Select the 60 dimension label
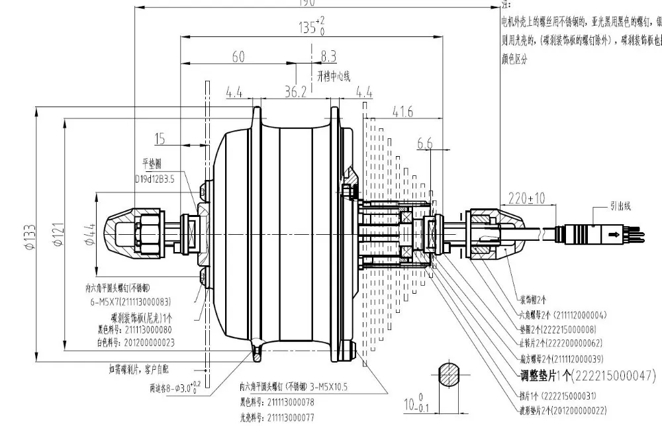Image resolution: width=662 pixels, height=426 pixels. pyautogui.click(x=238, y=57)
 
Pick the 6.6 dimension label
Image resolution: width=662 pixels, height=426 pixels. pyautogui.click(x=425, y=144)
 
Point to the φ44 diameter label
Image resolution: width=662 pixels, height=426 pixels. pyautogui.click(x=91, y=234)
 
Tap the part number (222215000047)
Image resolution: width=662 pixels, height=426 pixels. pyautogui.click(x=602, y=376)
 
